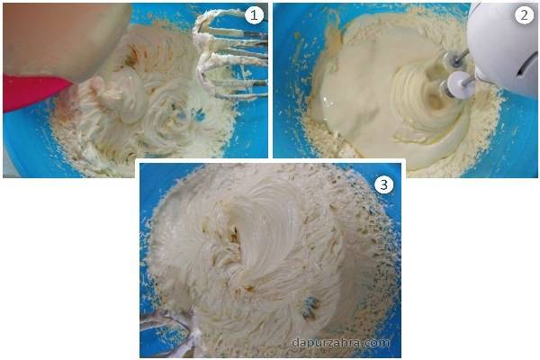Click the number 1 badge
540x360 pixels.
point(254,15)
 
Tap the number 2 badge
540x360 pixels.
point(524,15)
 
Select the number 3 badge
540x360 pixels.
point(383,184)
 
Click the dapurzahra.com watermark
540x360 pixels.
point(340,343)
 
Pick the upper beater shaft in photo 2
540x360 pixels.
point(457,58)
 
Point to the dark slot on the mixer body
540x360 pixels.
point(526,66)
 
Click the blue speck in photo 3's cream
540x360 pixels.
point(311,308)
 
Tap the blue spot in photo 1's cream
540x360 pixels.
point(197,113)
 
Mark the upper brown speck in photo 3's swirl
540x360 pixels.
point(235,235)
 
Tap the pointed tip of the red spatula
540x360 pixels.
point(72,82)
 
